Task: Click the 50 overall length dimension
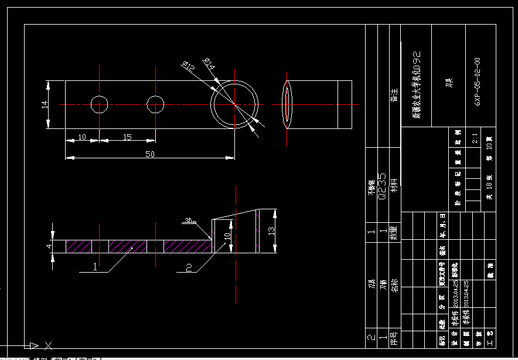click(x=151, y=154)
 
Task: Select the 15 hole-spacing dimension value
click(x=127, y=137)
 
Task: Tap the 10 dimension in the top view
click(x=82, y=137)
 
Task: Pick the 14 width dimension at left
click(x=44, y=104)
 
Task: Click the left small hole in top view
click(x=100, y=104)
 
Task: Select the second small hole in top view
click(x=155, y=104)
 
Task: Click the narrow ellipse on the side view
click(x=287, y=104)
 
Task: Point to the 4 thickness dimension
click(x=49, y=246)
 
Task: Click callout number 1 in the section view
click(x=95, y=267)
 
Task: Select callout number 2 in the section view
click(x=189, y=267)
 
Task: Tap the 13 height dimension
click(x=271, y=230)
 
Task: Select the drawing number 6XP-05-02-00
click(x=478, y=81)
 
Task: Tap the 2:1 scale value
click(x=474, y=139)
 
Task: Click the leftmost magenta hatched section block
click(x=79, y=246)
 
